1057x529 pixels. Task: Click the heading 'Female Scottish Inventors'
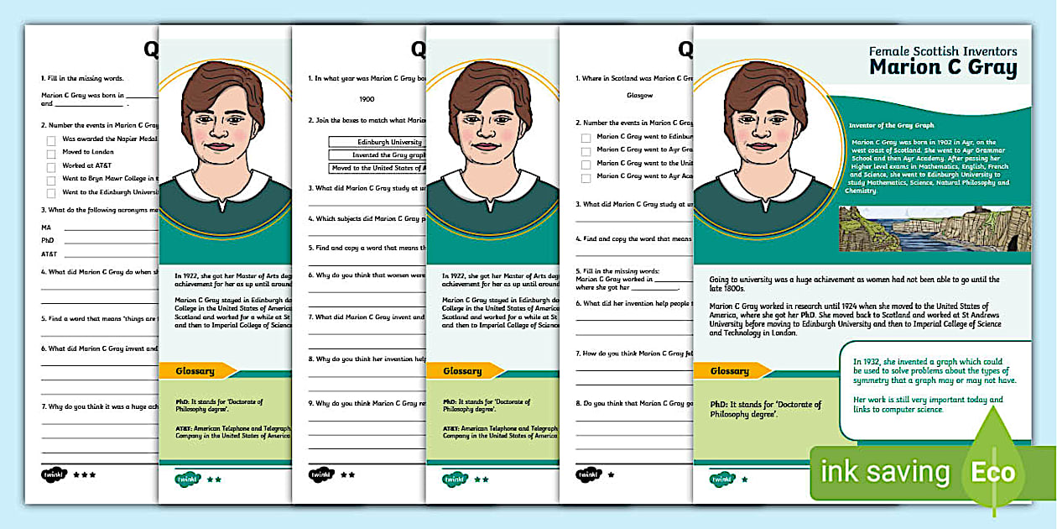pos(943,51)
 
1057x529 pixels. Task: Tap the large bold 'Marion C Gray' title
pos(943,68)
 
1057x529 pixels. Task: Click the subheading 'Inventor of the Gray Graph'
pos(891,125)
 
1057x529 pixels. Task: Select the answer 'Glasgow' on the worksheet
pos(639,96)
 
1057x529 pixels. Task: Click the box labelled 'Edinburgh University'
pos(377,143)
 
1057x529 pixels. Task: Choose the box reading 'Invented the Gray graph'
pos(377,155)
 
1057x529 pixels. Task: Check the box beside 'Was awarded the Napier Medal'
pos(51,140)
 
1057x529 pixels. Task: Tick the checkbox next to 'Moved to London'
pos(51,154)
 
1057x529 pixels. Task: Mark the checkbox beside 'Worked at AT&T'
pos(51,167)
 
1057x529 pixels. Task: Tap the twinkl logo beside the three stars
pos(54,474)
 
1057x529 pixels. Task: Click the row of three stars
pos(84,474)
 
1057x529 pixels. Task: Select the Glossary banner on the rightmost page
pos(730,370)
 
